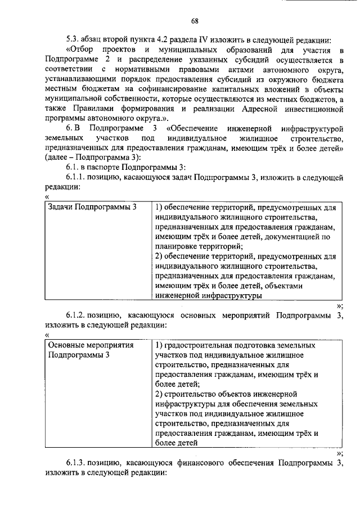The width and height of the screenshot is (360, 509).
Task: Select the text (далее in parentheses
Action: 55,159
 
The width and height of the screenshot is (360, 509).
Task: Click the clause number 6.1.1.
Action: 76,179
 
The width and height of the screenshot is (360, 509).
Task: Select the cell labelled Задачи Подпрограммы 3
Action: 92,207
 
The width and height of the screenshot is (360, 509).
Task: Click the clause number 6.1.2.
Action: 76,316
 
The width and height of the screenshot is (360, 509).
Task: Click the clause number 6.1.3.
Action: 76,463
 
